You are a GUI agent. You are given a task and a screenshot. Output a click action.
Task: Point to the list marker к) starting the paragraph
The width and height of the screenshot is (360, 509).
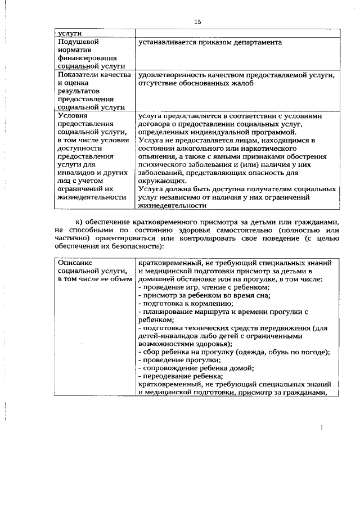78,222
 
